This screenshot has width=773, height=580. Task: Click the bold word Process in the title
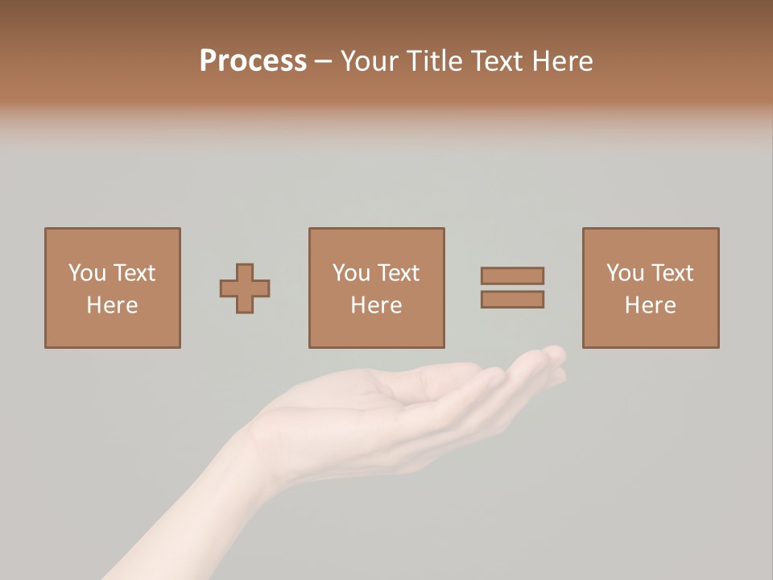(x=253, y=61)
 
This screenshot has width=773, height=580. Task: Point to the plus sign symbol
(x=245, y=288)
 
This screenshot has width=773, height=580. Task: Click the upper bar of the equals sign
(x=512, y=275)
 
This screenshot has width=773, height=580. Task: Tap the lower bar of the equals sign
(x=512, y=299)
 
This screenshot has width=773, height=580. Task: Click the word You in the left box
(x=86, y=273)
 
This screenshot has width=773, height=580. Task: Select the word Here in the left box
(x=112, y=305)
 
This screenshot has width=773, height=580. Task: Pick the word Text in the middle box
(x=398, y=273)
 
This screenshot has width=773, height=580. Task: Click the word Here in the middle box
(x=376, y=305)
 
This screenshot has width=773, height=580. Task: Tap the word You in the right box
(x=625, y=273)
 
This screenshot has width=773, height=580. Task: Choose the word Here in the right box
(x=650, y=305)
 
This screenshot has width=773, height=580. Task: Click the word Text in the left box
(x=134, y=273)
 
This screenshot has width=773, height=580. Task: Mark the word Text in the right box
(x=672, y=273)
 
